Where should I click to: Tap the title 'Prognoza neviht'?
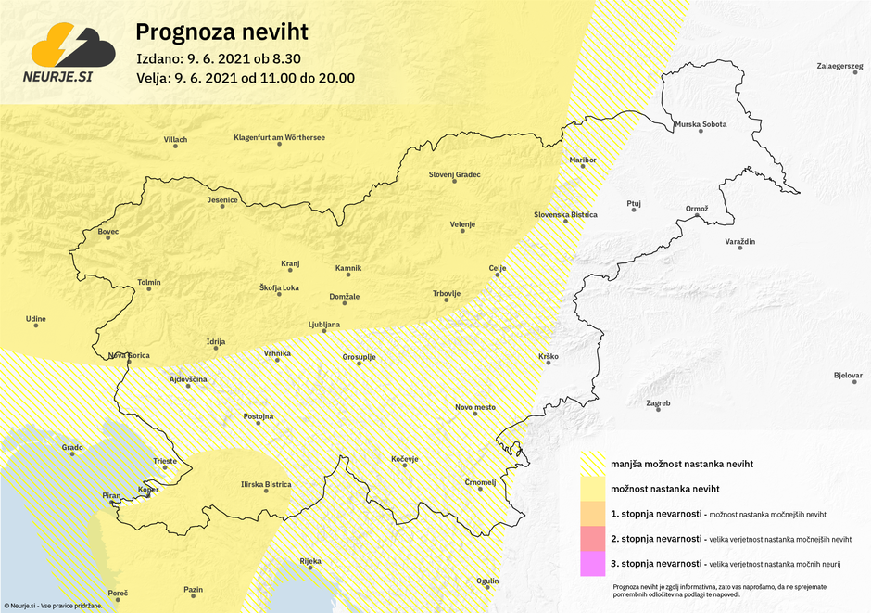coord(221,32)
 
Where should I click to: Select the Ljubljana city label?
coord(324,324)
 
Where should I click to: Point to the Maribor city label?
coord(583,160)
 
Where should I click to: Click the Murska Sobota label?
coord(701,123)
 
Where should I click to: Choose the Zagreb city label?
coord(658,403)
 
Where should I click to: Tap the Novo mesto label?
coord(475,407)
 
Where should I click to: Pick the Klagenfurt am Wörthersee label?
coord(279,137)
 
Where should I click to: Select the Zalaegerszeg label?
coord(839,67)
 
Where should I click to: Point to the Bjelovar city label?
coord(848,377)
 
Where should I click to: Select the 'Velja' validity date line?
coord(245,78)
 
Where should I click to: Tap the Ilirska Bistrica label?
coord(266,484)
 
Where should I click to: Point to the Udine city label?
coord(36,319)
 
